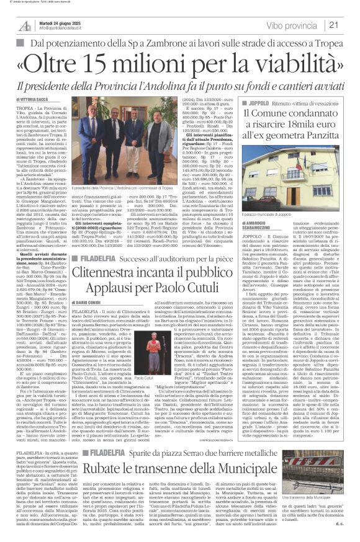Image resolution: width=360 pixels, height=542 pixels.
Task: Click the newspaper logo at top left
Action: [x=25, y=24]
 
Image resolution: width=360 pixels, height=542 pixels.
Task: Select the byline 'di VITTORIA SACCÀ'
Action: [x=30, y=99]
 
